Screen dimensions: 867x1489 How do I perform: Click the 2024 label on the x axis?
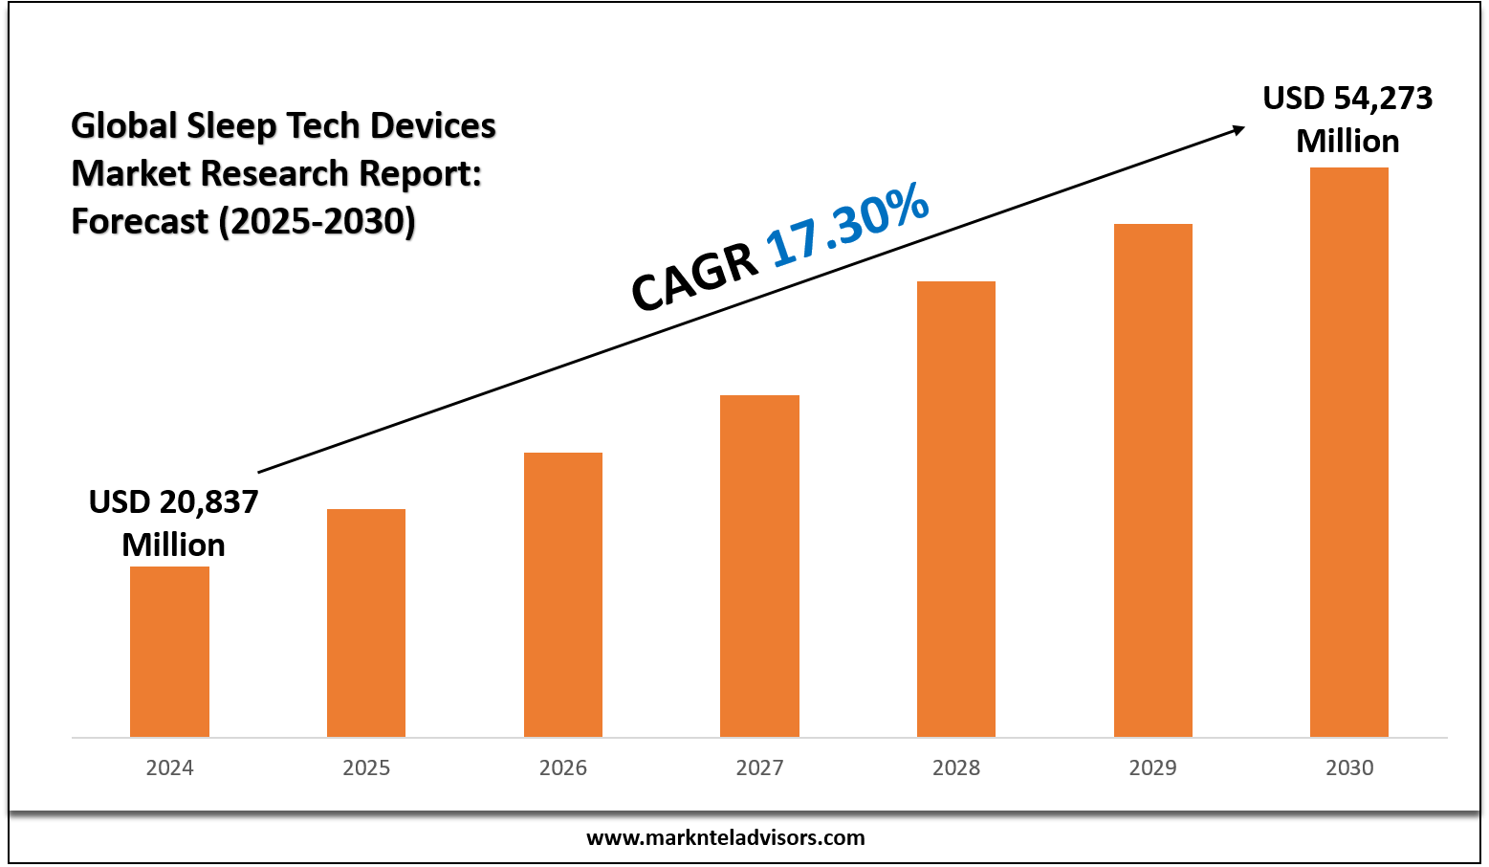169,767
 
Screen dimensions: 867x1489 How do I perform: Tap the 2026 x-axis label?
563,767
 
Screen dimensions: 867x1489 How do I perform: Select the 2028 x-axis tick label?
956,767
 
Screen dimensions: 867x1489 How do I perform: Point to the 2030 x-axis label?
1349,767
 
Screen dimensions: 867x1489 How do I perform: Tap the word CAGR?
694,278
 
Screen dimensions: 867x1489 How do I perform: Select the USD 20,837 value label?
173,501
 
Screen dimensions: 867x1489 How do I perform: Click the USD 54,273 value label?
1347,98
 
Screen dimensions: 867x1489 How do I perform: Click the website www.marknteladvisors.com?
725,837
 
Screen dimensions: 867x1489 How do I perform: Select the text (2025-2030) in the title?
317,221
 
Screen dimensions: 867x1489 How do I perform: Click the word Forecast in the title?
140,221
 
